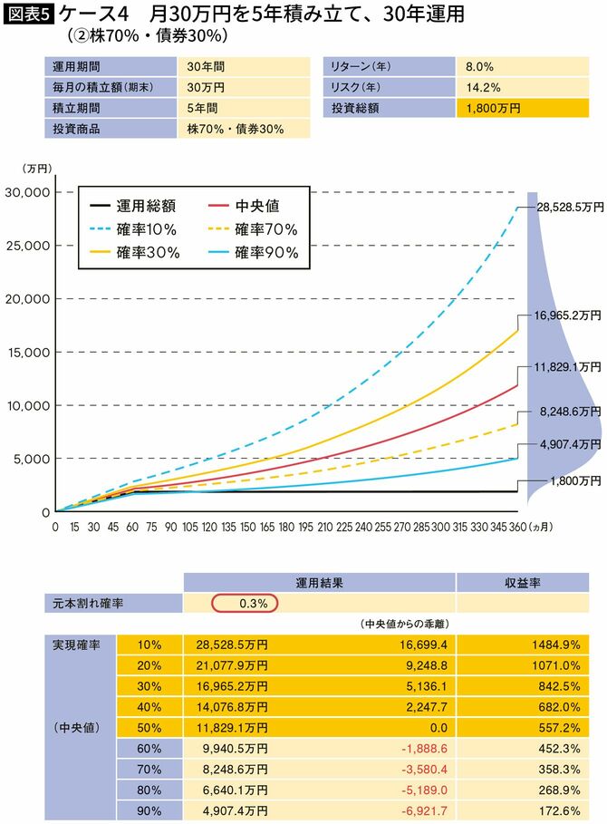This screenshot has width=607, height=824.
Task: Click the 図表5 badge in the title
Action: click(28, 15)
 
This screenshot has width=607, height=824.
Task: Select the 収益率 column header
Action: click(523, 582)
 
